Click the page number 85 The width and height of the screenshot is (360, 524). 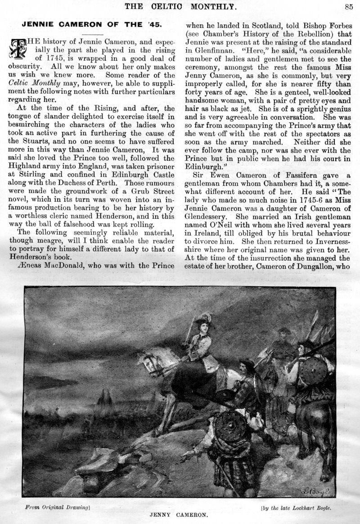(x=349, y=6)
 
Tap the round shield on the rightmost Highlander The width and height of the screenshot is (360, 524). (x=314, y=373)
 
